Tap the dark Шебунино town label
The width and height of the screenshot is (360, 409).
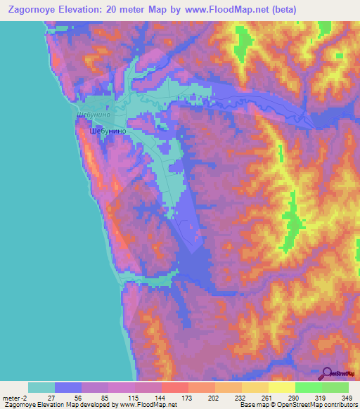coord(108,131)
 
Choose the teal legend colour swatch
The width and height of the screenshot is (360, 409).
coord(41,387)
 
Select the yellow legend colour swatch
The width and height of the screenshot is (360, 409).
coord(282,387)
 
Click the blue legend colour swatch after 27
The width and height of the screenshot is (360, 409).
coord(68,387)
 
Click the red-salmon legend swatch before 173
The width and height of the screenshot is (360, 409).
coord(175,387)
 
